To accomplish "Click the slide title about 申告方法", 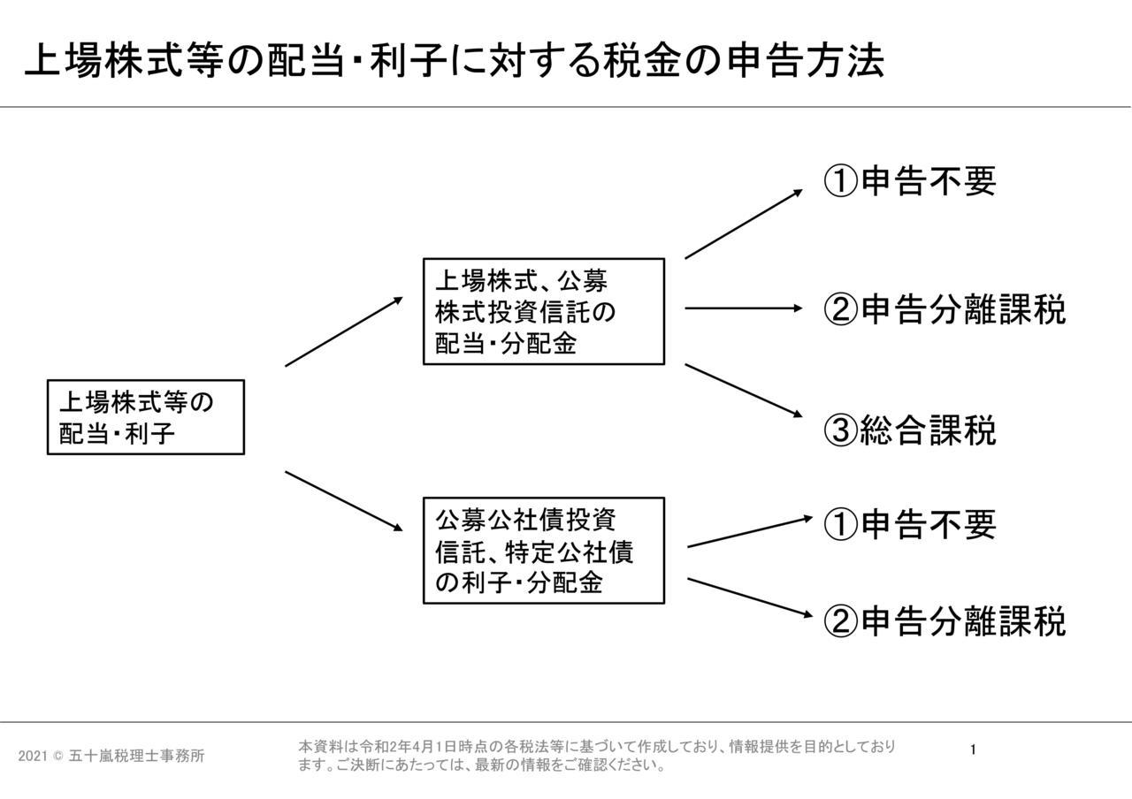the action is point(455,61).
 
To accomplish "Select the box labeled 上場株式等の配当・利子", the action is point(146,417).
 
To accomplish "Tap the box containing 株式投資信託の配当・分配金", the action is point(544,311).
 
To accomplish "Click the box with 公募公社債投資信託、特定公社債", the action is point(544,551).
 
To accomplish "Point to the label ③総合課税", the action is point(910,430).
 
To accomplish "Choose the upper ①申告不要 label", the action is point(910,181).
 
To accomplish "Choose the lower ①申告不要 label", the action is point(910,524).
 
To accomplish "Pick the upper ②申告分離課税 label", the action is point(945,308).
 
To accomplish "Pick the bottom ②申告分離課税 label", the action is point(945,620).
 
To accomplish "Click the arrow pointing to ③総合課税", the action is point(744,391).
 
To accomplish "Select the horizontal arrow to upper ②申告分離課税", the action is point(744,308).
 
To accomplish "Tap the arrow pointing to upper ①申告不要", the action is point(744,224).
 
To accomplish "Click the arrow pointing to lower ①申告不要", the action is point(751,532).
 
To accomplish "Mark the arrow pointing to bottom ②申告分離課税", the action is point(751,597).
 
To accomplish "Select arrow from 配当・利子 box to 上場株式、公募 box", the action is point(344,331).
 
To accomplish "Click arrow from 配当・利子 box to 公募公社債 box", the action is point(344,501).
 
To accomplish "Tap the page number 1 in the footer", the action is point(973,750).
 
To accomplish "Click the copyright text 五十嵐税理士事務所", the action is point(136,756).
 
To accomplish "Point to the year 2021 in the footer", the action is point(33,756).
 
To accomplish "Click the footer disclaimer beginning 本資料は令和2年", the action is point(597,756).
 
